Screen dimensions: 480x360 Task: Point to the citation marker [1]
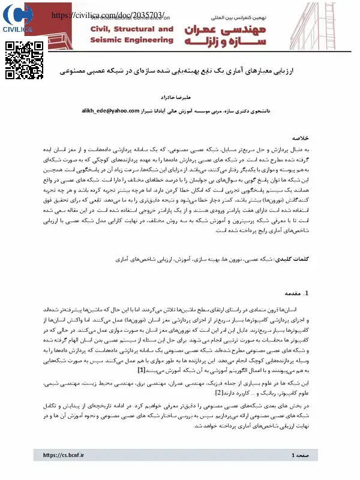click(x=142, y=370)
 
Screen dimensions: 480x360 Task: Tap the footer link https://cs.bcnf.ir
click(x=64, y=456)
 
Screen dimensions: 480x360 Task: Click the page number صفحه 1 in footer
click(x=301, y=456)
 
